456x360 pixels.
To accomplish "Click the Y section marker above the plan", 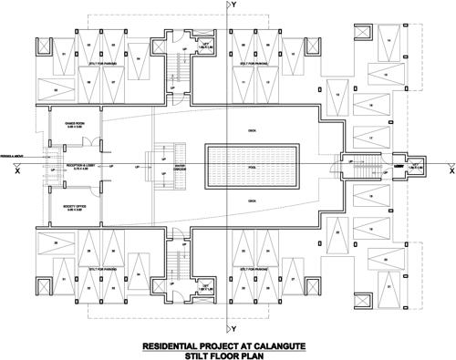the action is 233,5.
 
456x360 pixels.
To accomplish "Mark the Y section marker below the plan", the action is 233,327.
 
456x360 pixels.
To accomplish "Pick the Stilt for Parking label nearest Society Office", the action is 100,269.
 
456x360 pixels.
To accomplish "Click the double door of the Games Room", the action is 80,139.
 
